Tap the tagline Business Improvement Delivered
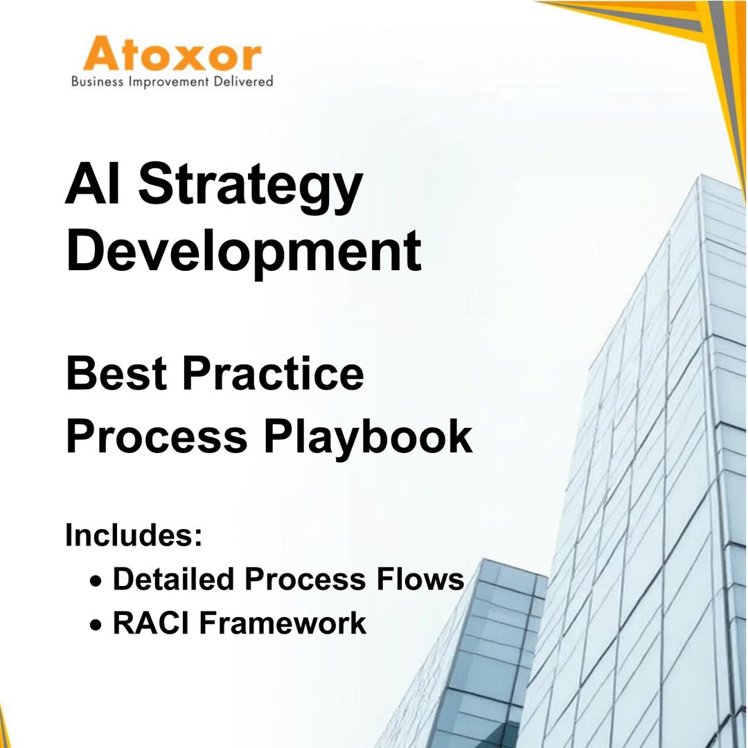click(172, 82)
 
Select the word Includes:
click(134, 535)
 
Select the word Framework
click(283, 623)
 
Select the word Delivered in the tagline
click(242, 82)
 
